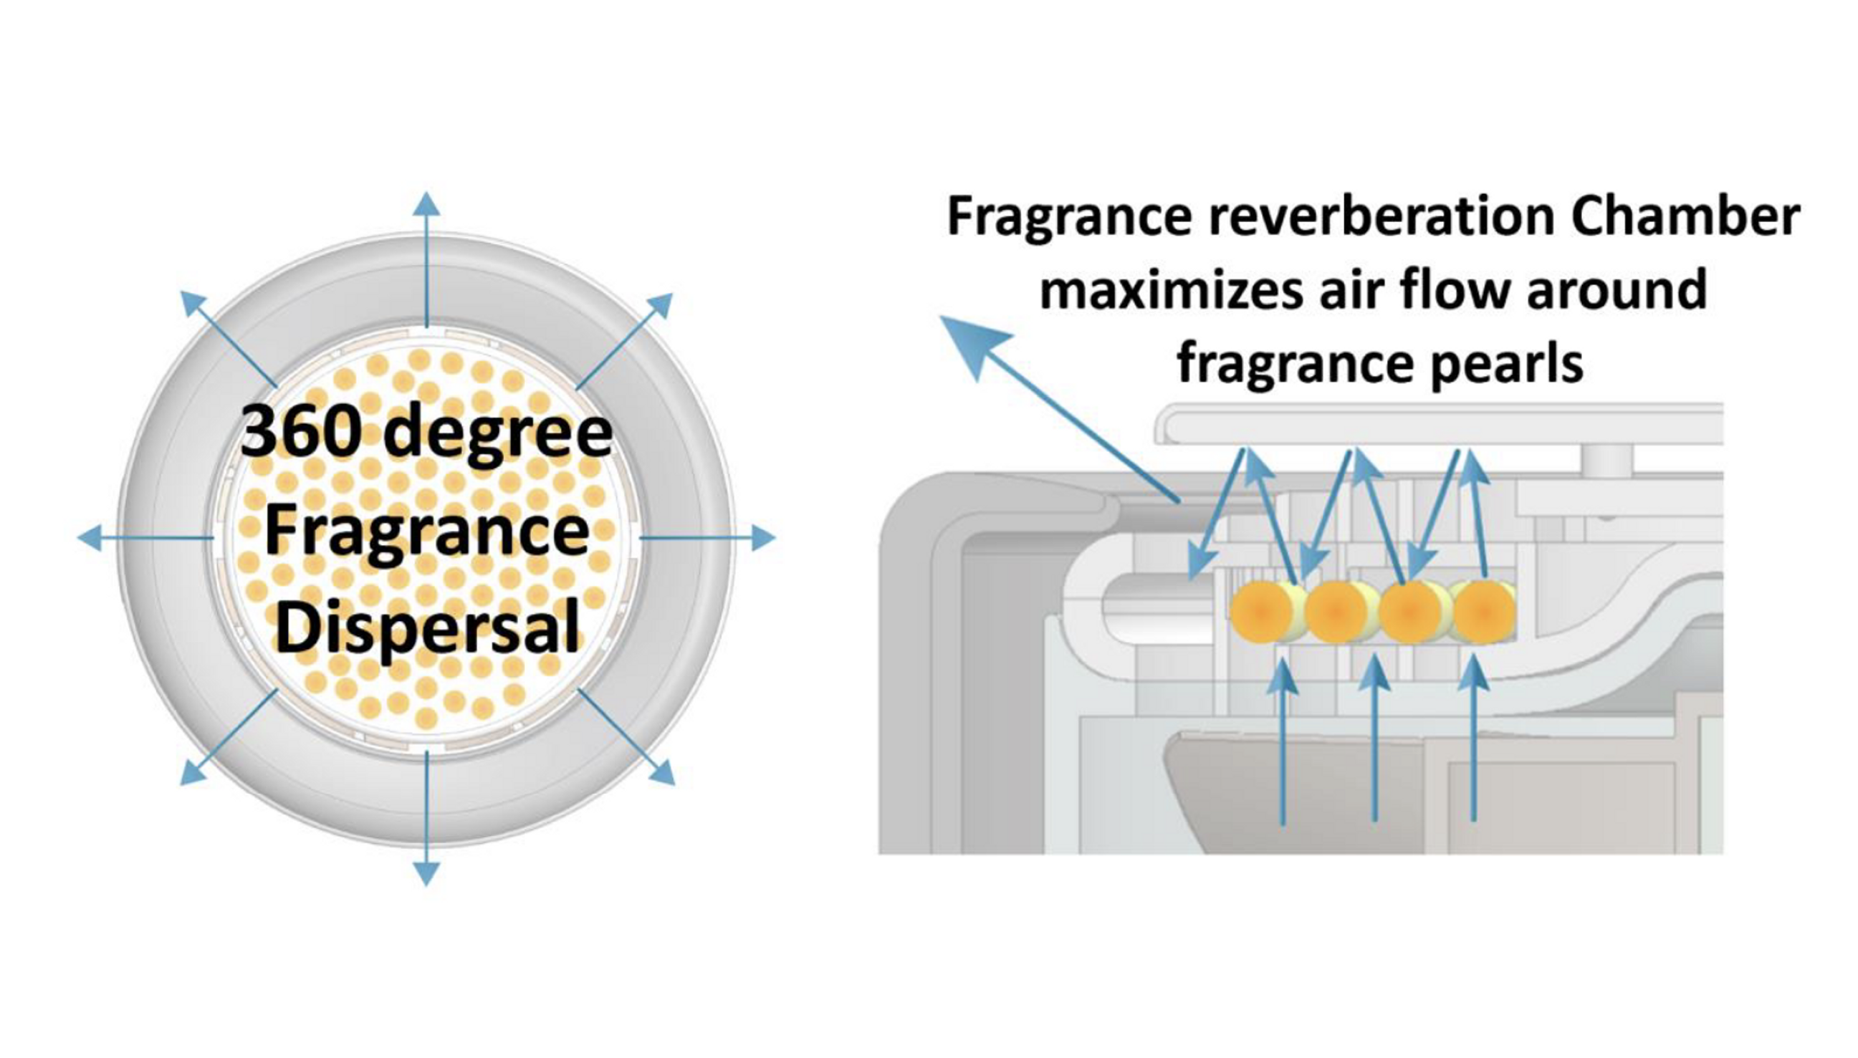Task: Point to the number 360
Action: tap(300, 433)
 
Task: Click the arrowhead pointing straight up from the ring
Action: tap(426, 204)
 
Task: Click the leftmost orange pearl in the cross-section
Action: tap(1261, 611)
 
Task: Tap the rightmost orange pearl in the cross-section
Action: tap(1483, 611)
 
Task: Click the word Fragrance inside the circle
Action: tap(427, 532)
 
